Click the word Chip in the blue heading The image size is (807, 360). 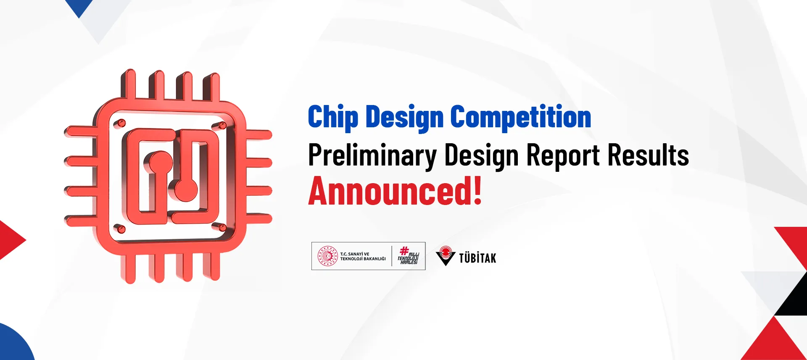point(333,118)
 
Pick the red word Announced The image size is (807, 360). point(389,191)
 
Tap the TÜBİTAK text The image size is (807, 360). point(477,258)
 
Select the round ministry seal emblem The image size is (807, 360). point(328,256)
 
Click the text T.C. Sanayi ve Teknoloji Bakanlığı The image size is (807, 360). point(363,256)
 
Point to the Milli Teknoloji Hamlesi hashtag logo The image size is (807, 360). point(408,256)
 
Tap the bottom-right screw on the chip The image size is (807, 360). point(222,228)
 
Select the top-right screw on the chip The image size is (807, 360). point(222,125)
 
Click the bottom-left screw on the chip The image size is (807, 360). point(121,229)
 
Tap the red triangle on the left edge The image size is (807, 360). point(10,240)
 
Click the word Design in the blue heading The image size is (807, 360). point(404,118)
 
